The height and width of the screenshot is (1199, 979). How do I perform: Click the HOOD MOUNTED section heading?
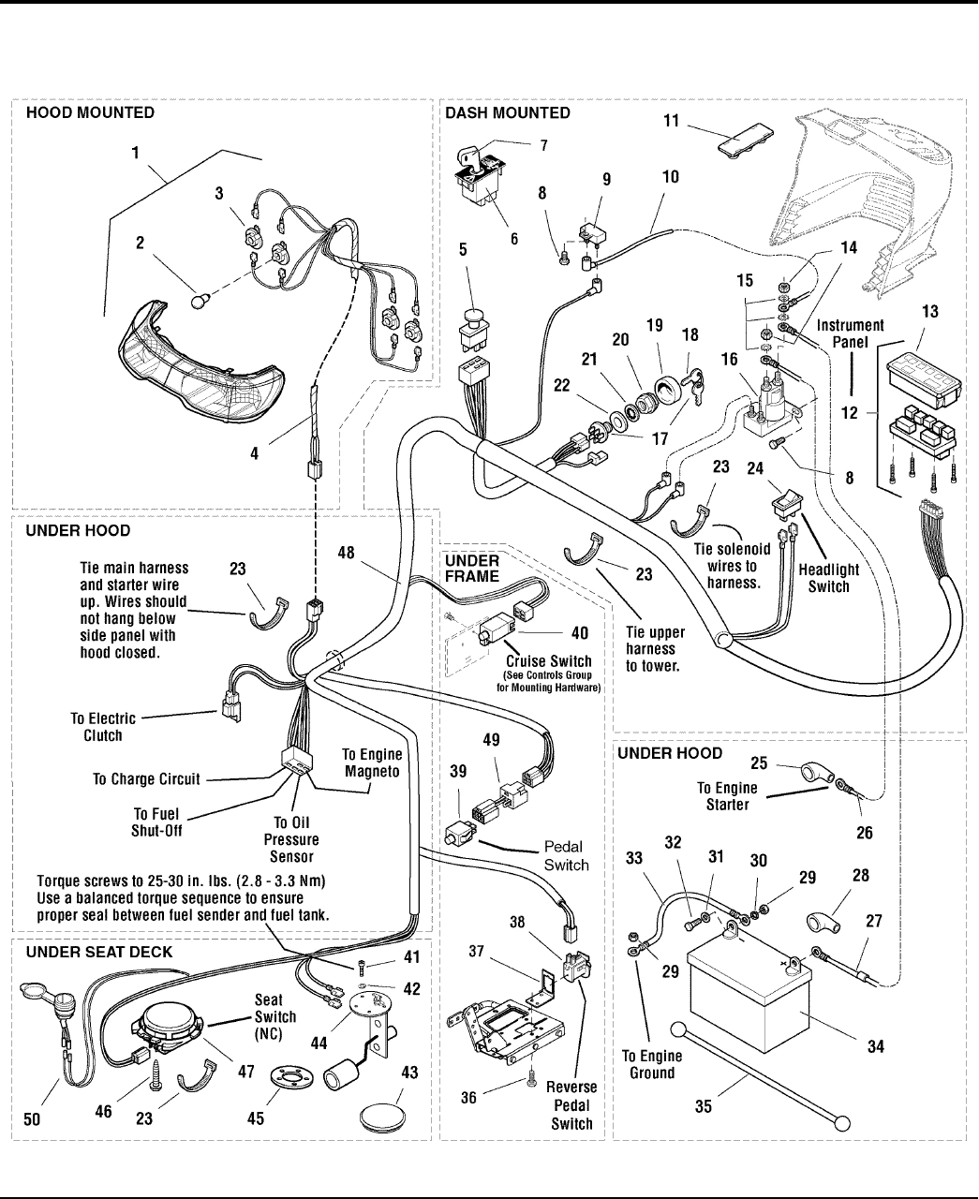[90, 112]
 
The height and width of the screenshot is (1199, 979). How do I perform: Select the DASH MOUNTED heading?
[507, 112]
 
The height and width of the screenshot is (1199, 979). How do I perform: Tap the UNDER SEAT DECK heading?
[99, 953]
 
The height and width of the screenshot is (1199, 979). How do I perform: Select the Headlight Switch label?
[828, 578]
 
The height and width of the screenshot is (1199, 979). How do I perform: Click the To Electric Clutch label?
[103, 727]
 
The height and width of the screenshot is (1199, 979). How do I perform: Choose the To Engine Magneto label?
[372, 762]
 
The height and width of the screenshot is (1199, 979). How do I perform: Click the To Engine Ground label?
[652, 1064]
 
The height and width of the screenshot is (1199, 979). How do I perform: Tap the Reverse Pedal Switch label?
[571, 1105]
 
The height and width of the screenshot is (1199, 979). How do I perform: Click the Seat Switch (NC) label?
[275, 1017]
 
